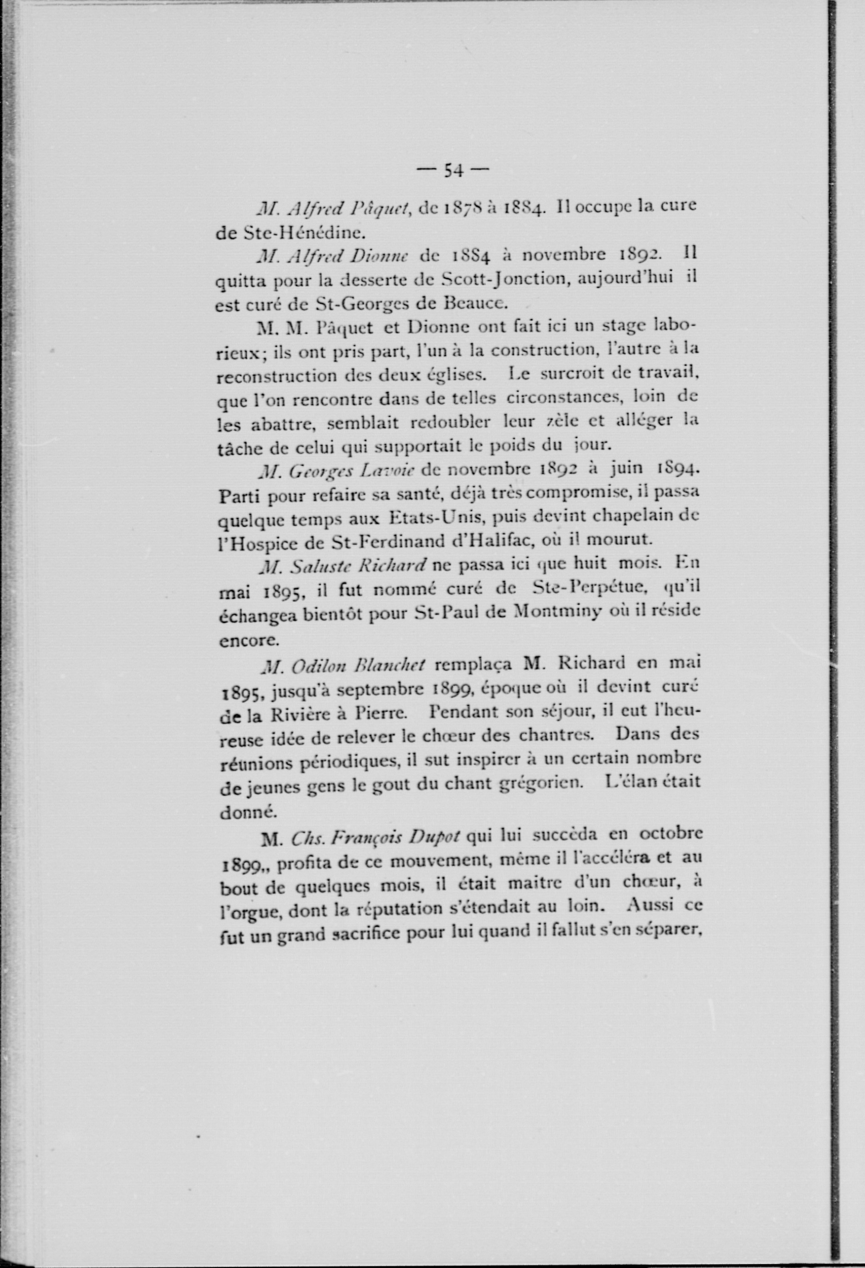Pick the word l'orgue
click(x=249, y=911)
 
